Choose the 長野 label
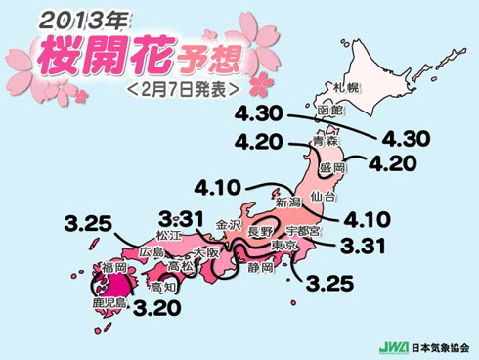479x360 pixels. pyautogui.click(x=261, y=232)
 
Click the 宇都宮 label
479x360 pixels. pyautogui.click(x=303, y=232)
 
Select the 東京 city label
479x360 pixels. pyautogui.click(x=283, y=246)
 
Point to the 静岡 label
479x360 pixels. pyautogui.click(x=259, y=265)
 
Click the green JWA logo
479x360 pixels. pyautogui.click(x=393, y=347)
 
